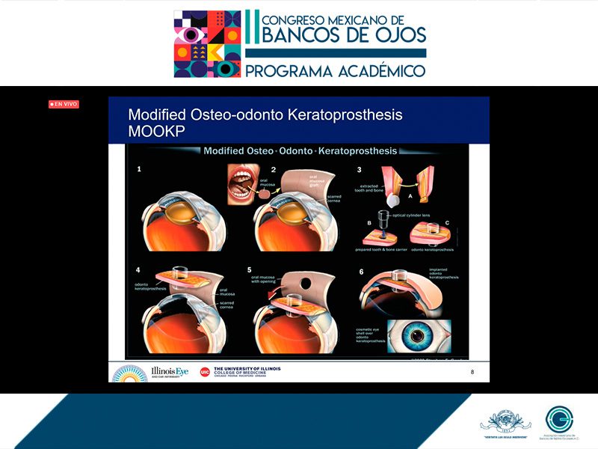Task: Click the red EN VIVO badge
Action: pyautogui.click(x=64, y=104)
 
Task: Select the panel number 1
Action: pyautogui.click(x=139, y=170)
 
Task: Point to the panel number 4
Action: pyautogui.click(x=139, y=269)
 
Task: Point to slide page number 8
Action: pyautogui.click(x=472, y=372)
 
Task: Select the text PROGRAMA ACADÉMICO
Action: pyautogui.click(x=336, y=70)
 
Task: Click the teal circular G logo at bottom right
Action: pyautogui.click(x=559, y=420)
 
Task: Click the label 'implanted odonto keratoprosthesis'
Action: pyautogui.click(x=444, y=273)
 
